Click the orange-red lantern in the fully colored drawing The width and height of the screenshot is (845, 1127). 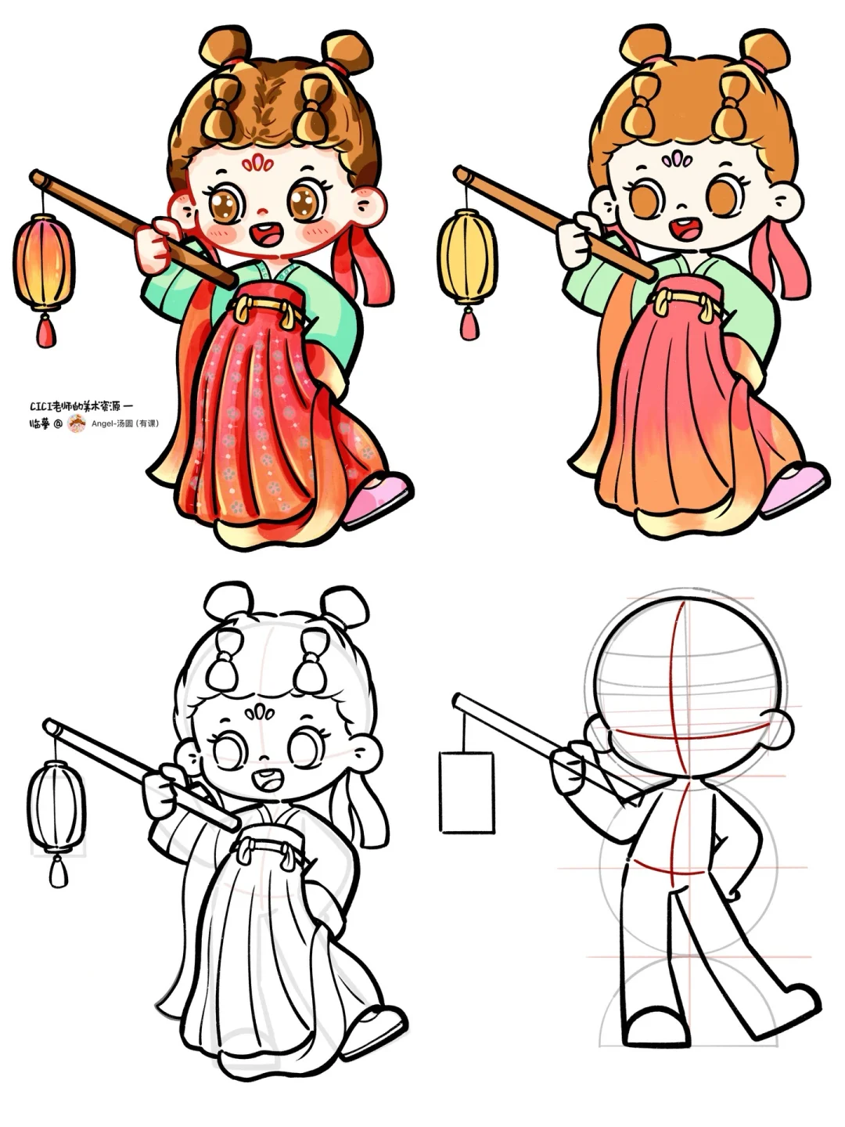click(44, 263)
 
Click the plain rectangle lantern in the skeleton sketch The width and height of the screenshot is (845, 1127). click(467, 792)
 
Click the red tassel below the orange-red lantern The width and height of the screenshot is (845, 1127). click(46, 329)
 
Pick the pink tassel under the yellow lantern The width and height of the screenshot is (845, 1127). click(469, 323)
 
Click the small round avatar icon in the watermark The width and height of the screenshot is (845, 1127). click(77, 423)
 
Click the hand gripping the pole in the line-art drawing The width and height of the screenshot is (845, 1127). click(163, 789)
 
